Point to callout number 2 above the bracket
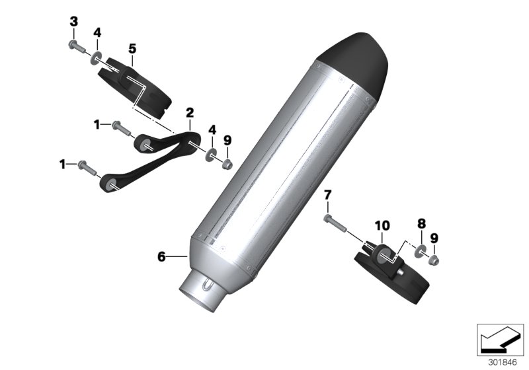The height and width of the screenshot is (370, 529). pos(189,112)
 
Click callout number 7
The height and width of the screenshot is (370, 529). pos(328,194)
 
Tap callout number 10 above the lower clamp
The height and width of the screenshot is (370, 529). pos(384,225)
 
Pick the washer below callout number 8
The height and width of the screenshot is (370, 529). pos(419,252)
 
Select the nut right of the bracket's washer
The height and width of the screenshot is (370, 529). pos(227,163)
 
